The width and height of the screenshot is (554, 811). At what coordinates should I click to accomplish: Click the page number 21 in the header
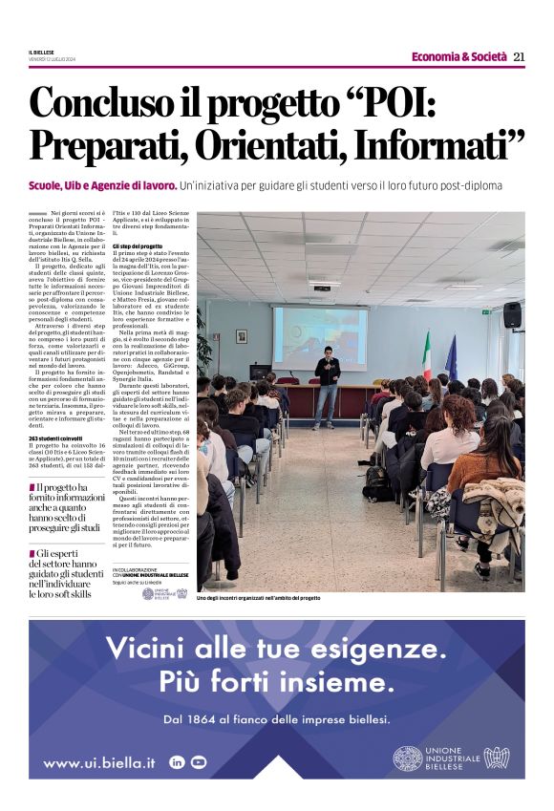point(519,57)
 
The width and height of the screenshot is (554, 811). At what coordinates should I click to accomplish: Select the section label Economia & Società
point(459,57)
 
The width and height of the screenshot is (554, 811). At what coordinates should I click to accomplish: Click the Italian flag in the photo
point(426,354)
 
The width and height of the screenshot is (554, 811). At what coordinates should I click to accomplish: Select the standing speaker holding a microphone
point(328,379)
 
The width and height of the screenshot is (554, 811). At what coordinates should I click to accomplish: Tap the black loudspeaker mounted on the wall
point(512,314)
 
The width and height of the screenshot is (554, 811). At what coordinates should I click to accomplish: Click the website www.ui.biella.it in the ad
point(99,762)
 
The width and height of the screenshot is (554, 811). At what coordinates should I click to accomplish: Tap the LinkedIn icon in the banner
point(177,762)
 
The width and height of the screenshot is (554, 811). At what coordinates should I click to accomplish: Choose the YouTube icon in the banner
point(199,762)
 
